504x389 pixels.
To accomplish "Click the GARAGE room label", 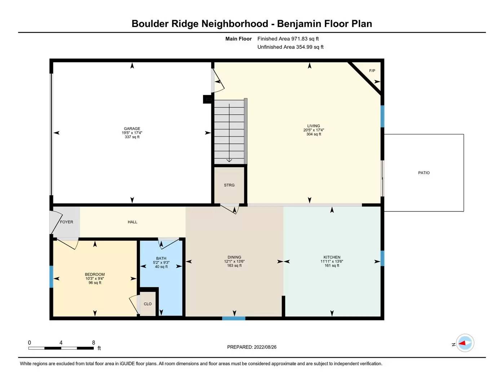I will (x=132, y=129).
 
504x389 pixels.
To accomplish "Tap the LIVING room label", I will (x=313, y=126).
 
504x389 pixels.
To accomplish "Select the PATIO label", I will (x=424, y=173).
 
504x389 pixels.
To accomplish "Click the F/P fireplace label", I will (x=372, y=71).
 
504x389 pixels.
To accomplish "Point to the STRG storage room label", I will (x=229, y=185).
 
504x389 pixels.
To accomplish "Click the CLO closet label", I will (x=147, y=304).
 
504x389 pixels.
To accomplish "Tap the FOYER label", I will (x=66, y=222).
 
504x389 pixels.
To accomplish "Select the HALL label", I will (x=132, y=222).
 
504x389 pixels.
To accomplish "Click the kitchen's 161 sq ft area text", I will (x=332, y=266).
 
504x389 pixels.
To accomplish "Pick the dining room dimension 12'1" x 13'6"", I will (x=234, y=261).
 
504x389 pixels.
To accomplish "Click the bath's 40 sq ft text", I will (x=161, y=267).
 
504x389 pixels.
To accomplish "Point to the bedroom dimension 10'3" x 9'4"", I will (x=95, y=278).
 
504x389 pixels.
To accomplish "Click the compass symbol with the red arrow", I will (x=465, y=343).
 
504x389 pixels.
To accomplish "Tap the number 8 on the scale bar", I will (x=93, y=343).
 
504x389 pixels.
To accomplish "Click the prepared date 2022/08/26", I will (x=265, y=347).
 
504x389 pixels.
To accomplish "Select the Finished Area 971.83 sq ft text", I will (x=288, y=39).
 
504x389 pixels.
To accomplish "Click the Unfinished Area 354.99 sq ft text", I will (x=290, y=47).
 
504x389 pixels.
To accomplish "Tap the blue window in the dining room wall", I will (x=234, y=318).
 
